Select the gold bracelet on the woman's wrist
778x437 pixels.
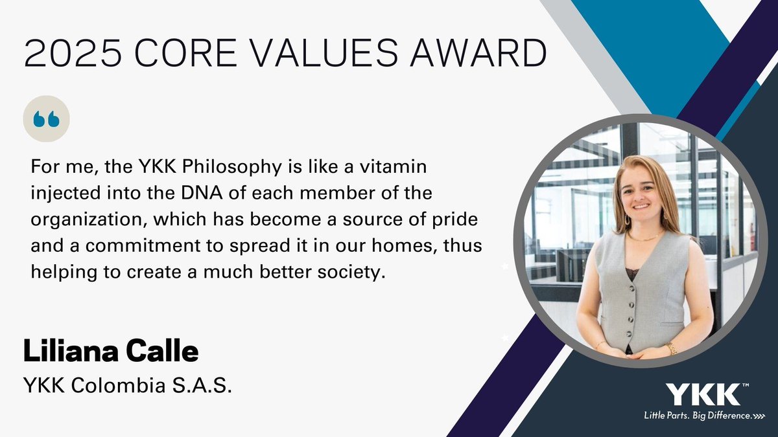(x=670, y=348)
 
